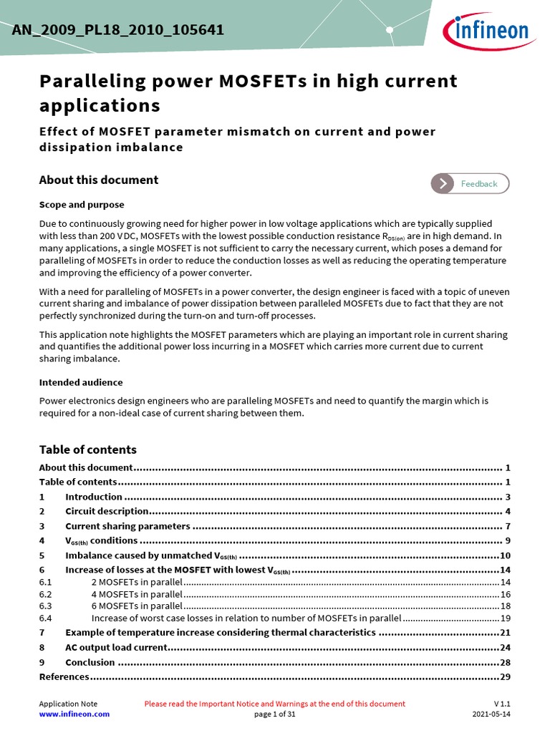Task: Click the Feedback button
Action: [x=470, y=184]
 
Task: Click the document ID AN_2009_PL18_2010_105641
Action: [x=117, y=30]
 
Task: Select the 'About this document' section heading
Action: [x=98, y=180]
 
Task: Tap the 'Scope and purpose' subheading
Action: [x=82, y=205]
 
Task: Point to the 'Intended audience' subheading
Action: [x=80, y=382]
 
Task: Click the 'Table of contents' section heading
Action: [x=87, y=450]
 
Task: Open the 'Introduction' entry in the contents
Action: [x=94, y=497]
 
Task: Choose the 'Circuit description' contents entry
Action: [x=107, y=511]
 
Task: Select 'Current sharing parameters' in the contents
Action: [x=127, y=526]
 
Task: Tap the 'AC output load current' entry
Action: [x=116, y=647]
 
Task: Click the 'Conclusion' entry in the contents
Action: [x=90, y=662]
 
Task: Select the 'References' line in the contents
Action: [x=64, y=676]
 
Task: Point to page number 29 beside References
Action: [x=504, y=676]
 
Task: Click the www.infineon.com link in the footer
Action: [x=74, y=714]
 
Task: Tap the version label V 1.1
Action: [x=502, y=704]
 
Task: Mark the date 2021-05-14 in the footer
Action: [x=491, y=714]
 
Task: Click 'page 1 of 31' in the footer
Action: [x=274, y=714]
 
